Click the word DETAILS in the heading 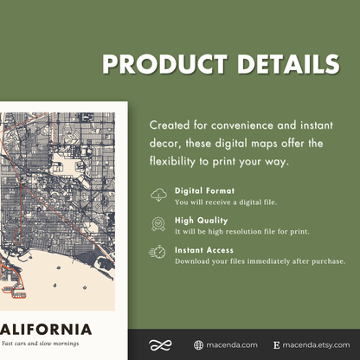(x=279, y=65)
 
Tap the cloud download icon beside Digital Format (x=158, y=195)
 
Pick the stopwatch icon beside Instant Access (x=158, y=252)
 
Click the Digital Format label (x=203, y=190)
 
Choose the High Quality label (x=201, y=220)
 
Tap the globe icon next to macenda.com (x=198, y=344)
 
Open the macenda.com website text (x=232, y=344)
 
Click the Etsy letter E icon (x=276, y=344)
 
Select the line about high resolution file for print (x=241, y=231)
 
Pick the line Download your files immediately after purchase (x=260, y=260)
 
